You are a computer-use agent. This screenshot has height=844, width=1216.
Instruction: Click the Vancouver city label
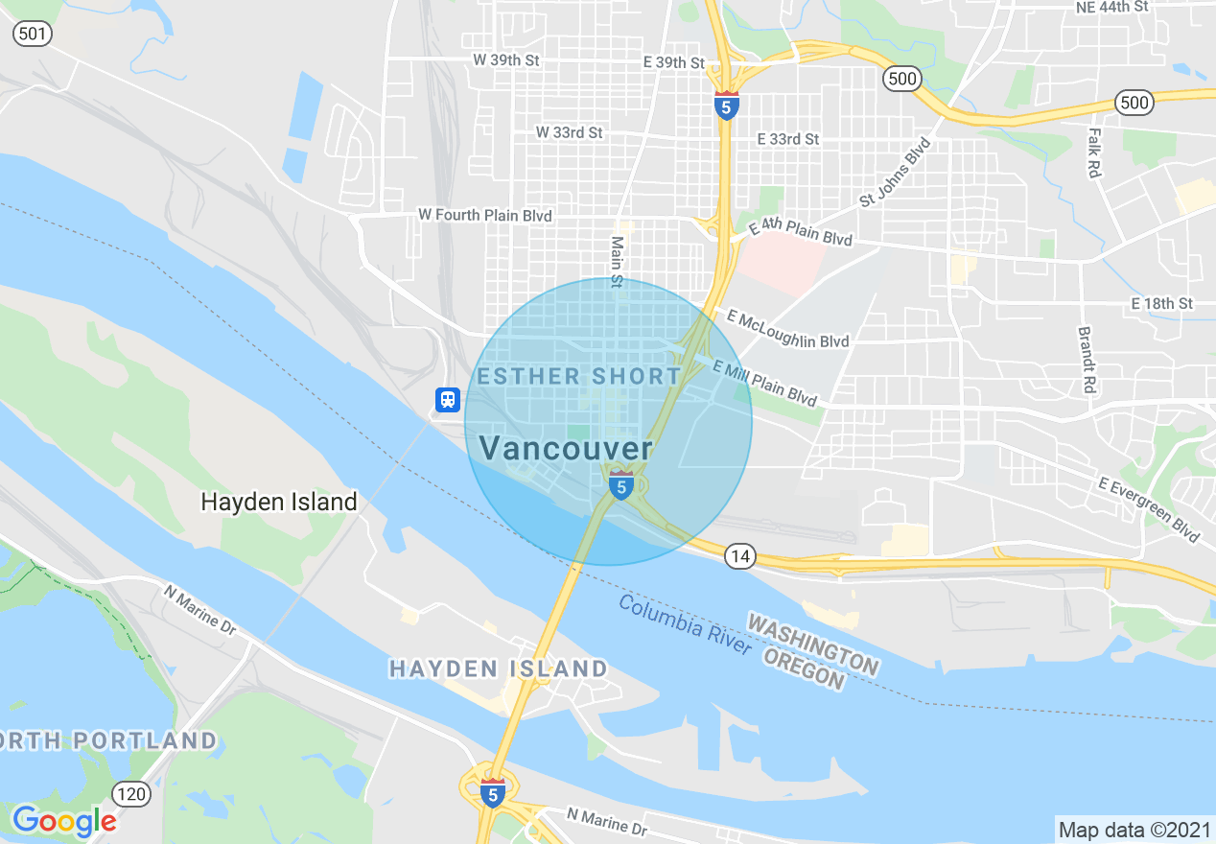tap(566, 448)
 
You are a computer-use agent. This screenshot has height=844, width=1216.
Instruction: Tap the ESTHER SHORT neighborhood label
tap(579, 376)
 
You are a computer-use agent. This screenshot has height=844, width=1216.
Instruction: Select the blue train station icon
tap(448, 400)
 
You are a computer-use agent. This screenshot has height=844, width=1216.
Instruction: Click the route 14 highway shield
tap(738, 555)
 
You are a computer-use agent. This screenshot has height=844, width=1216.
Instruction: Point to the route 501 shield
tap(33, 34)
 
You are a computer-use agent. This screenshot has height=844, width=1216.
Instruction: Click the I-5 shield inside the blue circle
tap(621, 485)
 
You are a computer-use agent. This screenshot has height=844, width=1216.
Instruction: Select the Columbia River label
tap(685, 624)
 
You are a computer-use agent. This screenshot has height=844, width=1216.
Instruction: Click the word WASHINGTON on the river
tap(813, 645)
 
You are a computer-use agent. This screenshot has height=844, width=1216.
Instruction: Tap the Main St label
tap(618, 262)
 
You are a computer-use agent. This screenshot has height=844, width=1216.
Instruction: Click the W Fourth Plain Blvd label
tap(485, 216)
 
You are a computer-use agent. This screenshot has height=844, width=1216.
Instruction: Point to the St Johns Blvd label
tap(895, 173)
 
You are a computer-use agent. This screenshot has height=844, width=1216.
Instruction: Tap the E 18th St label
tap(1161, 303)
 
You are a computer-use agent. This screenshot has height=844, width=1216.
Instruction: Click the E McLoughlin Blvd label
tap(787, 328)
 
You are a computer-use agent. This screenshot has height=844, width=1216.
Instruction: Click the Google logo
tap(64, 820)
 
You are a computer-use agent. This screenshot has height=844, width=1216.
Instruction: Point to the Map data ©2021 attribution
tap(1133, 830)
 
